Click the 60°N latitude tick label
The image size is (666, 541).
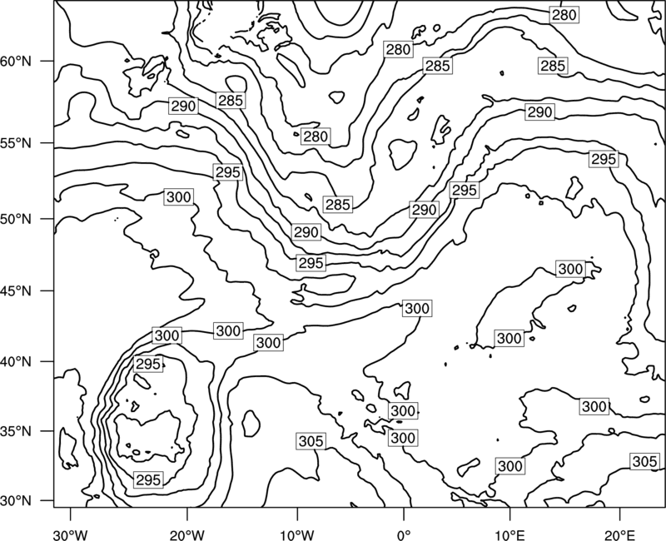tap(16, 61)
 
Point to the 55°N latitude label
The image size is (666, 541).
tap(16, 143)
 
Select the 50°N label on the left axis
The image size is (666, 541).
tap(16, 219)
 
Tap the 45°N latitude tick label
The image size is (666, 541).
tap(16, 290)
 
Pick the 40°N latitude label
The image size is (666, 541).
tap(16, 361)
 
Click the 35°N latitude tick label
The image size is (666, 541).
tap(16, 431)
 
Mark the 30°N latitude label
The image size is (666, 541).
tap(16, 501)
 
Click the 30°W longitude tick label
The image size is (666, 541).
tap(70, 534)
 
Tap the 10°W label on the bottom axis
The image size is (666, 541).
tap(297, 534)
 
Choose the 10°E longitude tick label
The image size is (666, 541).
tap(509, 534)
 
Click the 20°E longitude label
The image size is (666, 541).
tap(620, 534)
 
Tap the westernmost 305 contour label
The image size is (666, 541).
tap(311, 441)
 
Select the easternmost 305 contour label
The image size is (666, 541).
tap(644, 461)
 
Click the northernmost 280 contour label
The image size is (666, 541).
tap(564, 15)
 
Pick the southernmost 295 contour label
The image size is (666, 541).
tap(148, 480)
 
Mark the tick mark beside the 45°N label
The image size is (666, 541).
tap(47, 290)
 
